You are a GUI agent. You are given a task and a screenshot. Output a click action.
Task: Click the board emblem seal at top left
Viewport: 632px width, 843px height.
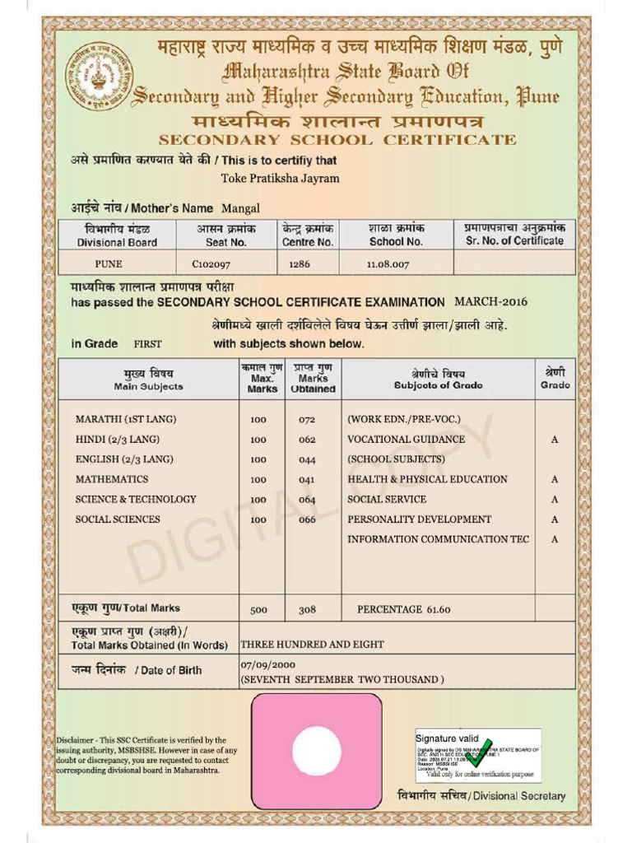point(98,77)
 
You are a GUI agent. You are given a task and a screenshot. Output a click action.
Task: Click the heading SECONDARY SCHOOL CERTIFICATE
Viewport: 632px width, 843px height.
point(337,140)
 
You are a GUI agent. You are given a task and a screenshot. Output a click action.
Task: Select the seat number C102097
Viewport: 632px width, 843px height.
point(211,264)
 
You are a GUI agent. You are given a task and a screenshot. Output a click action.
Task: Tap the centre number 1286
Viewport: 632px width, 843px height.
point(300,264)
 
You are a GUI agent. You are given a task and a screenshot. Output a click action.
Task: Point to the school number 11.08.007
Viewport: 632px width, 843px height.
point(388,264)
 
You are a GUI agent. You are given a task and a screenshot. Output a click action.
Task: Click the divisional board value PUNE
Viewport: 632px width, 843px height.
point(108,264)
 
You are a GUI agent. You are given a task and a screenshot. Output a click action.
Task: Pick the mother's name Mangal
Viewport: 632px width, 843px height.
point(240,208)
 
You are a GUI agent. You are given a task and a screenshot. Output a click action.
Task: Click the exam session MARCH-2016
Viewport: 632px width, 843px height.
point(491,301)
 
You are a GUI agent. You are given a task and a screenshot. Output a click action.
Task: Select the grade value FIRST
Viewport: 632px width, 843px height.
point(148,344)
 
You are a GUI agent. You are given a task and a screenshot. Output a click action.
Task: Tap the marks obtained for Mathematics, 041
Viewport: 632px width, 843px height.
point(307,480)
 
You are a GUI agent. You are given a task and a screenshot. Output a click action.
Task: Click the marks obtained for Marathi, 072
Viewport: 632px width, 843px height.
point(307,420)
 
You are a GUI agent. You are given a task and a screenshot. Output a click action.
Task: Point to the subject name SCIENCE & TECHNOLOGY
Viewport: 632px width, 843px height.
point(136,500)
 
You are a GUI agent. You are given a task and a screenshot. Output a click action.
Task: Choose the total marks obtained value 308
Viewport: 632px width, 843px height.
point(307,610)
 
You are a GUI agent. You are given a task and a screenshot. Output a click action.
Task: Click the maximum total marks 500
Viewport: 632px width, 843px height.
point(258,610)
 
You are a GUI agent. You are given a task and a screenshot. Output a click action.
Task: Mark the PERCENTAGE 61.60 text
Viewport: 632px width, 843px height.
point(403,610)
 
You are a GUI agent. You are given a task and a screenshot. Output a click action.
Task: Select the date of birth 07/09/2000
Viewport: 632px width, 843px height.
point(267,664)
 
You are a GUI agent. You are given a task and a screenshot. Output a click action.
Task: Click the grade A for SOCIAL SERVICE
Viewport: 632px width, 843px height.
point(555,500)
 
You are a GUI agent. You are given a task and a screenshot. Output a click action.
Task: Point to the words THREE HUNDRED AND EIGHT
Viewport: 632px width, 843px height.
point(312,645)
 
